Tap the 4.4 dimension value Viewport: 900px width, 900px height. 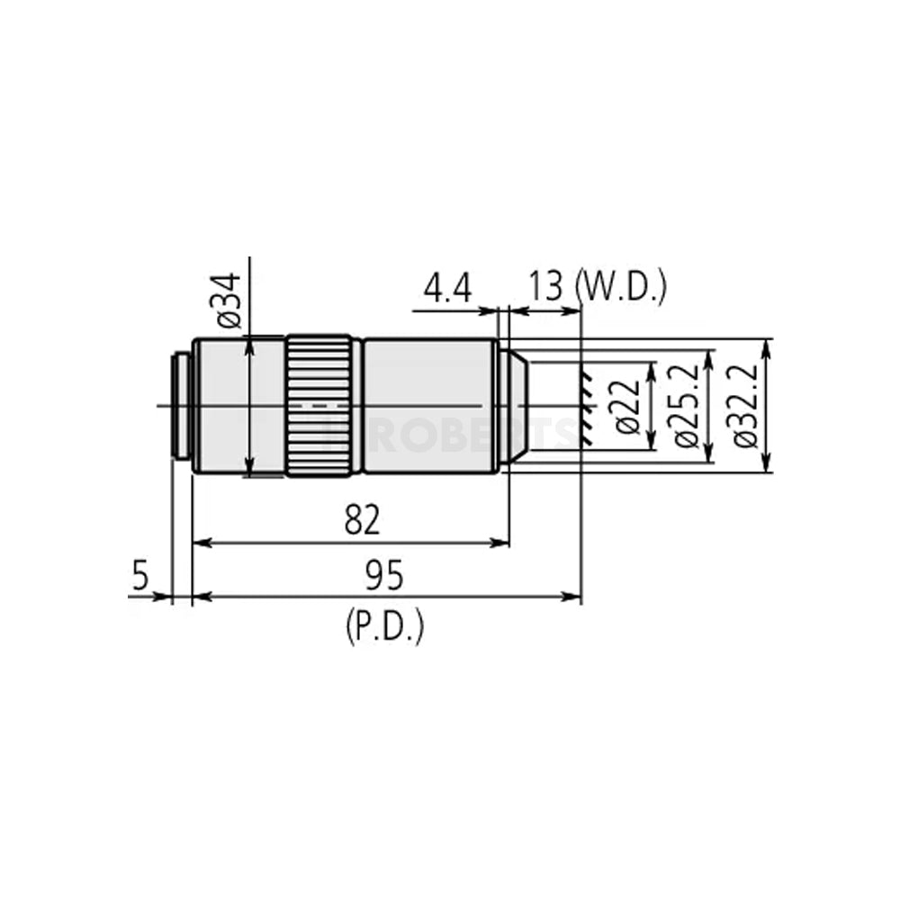(447, 290)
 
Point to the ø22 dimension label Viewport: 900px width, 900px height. (631, 406)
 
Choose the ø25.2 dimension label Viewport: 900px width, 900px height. (688, 406)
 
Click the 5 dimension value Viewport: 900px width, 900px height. (140, 576)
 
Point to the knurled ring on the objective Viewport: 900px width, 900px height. (319, 406)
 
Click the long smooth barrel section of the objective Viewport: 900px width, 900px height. (428, 406)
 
